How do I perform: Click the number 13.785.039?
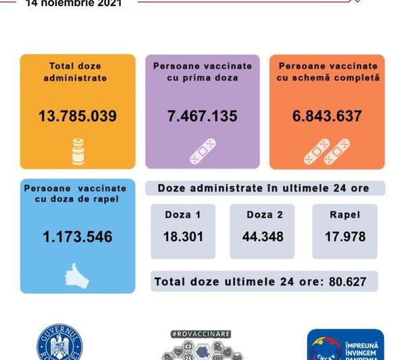click(78, 116)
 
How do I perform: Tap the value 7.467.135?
click(202, 116)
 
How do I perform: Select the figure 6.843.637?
click(327, 116)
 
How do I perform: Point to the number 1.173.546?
click(78, 237)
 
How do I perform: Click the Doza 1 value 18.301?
click(183, 237)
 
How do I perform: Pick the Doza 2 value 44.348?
click(262, 237)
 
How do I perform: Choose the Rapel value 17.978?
click(345, 237)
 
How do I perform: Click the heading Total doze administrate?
click(78, 72)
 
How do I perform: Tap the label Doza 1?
click(183, 215)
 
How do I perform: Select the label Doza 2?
click(262, 215)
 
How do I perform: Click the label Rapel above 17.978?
click(345, 215)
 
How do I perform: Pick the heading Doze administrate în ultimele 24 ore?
click(264, 188)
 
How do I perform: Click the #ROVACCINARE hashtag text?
click(202, 334)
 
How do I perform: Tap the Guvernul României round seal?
click(59, 344)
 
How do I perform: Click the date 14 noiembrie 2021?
click(74, 4)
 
